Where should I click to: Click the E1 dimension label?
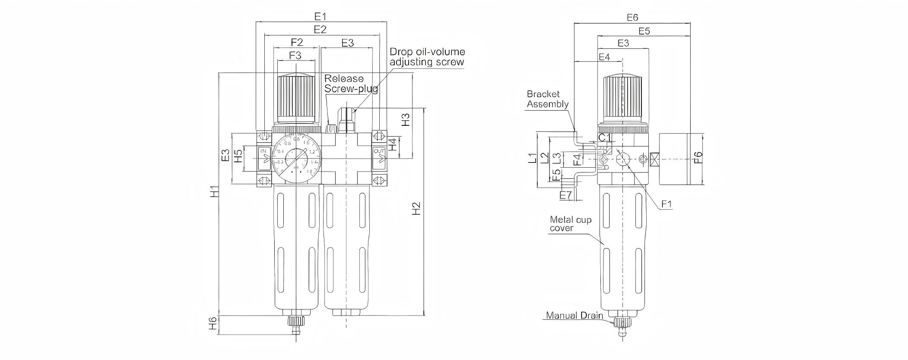320,16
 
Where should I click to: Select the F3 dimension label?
295,55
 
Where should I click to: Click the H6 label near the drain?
213,324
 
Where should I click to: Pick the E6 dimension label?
632,17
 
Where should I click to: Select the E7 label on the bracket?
565,195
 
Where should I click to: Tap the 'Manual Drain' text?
574,315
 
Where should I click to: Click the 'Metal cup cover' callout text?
570,224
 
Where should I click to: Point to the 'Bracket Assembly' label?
547,99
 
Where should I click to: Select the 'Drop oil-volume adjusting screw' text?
427,57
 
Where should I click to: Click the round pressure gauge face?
296,160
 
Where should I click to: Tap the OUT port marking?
379,151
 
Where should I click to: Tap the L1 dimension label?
532,159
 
